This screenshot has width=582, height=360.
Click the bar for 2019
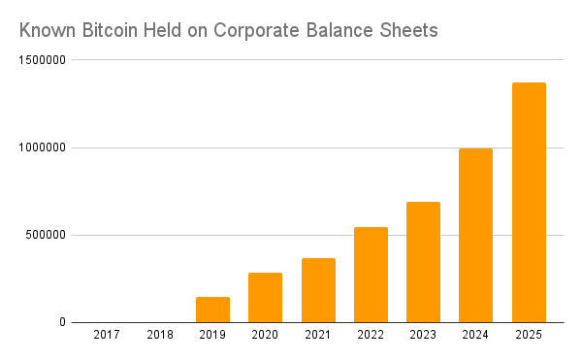212,310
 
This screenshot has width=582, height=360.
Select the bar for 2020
265,298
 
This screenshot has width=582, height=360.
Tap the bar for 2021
318,290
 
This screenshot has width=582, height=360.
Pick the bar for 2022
371,275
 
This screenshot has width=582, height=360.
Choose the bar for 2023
423,262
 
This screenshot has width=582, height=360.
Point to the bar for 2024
476,236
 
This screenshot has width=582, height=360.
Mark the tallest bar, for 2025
529,203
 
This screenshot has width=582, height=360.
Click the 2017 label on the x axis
107,335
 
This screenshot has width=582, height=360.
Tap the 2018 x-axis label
160,335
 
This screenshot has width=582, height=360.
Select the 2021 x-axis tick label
318,335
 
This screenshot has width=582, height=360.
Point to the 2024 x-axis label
476,335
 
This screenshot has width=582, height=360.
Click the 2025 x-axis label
529,335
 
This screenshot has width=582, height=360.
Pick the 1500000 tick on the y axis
42,60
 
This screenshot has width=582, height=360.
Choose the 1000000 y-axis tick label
42,147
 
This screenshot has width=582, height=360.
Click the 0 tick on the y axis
61,322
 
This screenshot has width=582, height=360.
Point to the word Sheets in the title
408,31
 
